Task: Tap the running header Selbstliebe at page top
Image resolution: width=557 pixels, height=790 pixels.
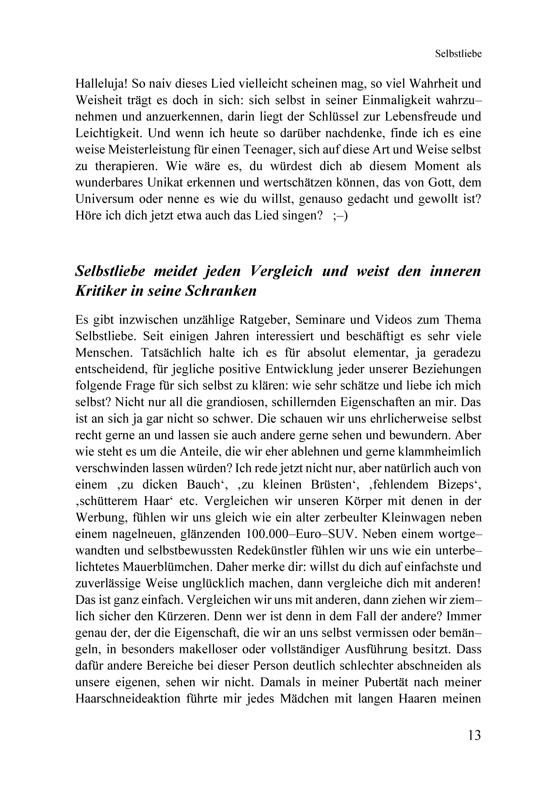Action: [458, 54]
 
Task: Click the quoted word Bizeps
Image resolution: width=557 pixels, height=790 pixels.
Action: [455, 484]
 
